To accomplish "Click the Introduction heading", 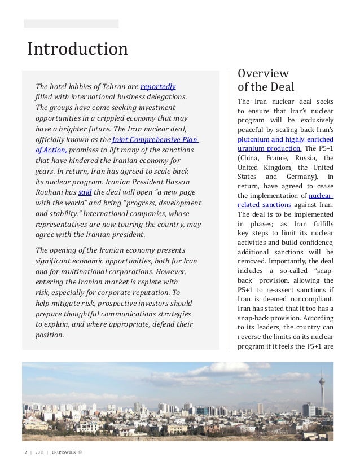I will (x=77, y=49).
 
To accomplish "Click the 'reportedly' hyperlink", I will (x=158, y=86).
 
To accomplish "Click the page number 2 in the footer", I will (x=25, y=452).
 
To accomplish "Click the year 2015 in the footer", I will (x=39, y=452).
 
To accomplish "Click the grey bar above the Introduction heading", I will (x=71, y=24).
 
